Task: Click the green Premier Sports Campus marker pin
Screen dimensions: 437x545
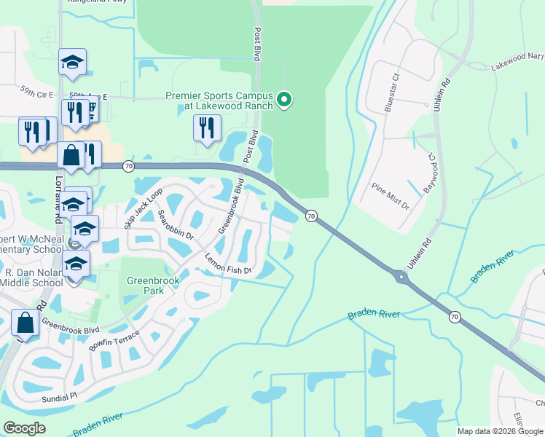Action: click(285, 99)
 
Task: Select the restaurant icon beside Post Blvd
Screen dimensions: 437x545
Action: click(207, 128)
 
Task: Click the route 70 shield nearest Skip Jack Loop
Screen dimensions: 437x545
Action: click(128, 166)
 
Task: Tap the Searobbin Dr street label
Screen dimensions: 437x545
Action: click(176, 226)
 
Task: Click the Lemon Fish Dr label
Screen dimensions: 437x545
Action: click(227, 264)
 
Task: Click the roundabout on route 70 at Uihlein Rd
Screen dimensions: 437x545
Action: click(400, 277)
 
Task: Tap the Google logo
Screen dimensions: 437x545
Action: click(24, 428)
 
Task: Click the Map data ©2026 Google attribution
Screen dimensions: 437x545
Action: click(499, 431)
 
